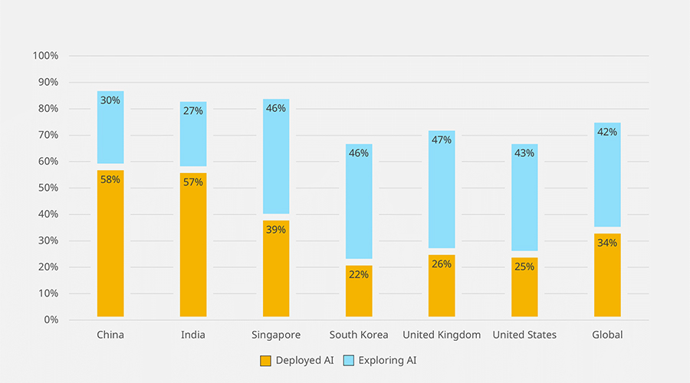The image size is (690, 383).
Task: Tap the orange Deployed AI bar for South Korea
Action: pyautogui.click(x=359, y=295)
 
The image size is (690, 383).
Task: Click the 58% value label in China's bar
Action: pyautogui.click(x=110, y=179)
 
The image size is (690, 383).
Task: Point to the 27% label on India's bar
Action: pyautogui.click(x=193, y=110)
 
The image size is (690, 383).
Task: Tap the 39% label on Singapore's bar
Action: pyautogui.click(x=276, y=229)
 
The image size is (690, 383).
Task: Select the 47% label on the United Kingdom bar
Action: pyautogui.click(x=442, y=139)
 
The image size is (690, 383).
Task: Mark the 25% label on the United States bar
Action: pyautogui.click(x=524, y=267)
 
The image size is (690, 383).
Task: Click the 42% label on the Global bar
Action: pyautogui.click(x=607, y=132)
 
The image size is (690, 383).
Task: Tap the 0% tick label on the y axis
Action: pyautogui.click(x=50, y=319)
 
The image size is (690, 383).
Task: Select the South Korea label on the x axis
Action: pyautogui.click(x=359, y=335)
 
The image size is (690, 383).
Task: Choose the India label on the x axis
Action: pyautogui.click(x=193, y=335)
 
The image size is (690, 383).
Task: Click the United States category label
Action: pyautogui.click(x=524, y=335)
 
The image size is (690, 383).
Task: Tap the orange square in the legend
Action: pyautogui.click(x=265, y=360)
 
